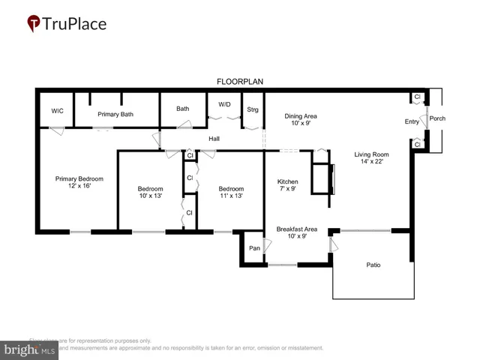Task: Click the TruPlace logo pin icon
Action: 34,24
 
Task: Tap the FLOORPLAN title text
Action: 239,81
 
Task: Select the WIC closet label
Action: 57,111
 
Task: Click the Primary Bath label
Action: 115,114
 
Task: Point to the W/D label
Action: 224,104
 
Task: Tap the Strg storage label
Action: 253,109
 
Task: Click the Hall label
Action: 214,139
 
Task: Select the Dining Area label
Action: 300,116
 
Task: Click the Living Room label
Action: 372,154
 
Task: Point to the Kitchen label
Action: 288,181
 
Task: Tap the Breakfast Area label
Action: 296,229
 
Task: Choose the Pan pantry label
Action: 254,247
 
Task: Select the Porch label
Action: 437,118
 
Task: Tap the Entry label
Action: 412,121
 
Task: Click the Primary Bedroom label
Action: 79,178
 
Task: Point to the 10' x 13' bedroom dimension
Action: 149,196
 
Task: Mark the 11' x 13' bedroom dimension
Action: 230,196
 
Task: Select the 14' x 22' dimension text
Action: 372,162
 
